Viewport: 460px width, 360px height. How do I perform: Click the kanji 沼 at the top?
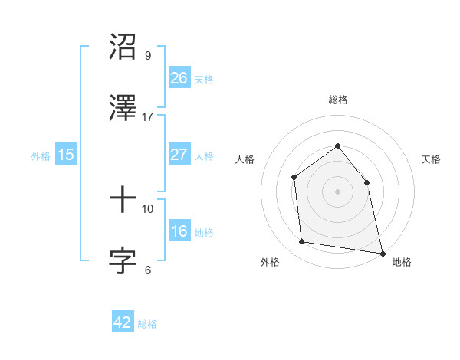(x=123, y=47)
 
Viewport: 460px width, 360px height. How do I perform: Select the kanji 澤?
(x=123, y=108)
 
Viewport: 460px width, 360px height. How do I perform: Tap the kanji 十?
(x=123, y=200)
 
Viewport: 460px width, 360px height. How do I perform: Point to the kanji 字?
(x=123, y=260)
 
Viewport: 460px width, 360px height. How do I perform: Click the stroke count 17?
(x=148, y=116)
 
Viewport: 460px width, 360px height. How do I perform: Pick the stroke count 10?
(x=148, y=208)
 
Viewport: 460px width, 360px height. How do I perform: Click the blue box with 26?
(x=179, y=77)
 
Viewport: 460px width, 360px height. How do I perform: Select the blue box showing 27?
(x=179, y=154)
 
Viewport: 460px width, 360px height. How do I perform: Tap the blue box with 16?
(x=179, y=231)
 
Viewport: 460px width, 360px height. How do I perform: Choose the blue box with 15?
(x=66, y=155)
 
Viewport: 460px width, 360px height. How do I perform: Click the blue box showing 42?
(x=123, y=322)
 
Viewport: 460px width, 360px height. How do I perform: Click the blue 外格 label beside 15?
(x=41, y=155)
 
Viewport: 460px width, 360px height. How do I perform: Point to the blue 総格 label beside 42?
(x=147, y=324)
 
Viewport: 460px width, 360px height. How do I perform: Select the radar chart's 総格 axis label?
(x=337, y=100)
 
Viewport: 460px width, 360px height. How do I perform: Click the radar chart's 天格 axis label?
(x=432, y=159)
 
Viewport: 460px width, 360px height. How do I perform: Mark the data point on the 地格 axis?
(x=382, y=252)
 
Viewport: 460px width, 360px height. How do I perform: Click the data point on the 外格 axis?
(x=302, y=242)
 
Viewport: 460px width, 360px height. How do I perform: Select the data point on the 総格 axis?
(x=337, y=146)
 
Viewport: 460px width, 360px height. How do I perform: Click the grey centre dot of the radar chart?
(x=337, y=191)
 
